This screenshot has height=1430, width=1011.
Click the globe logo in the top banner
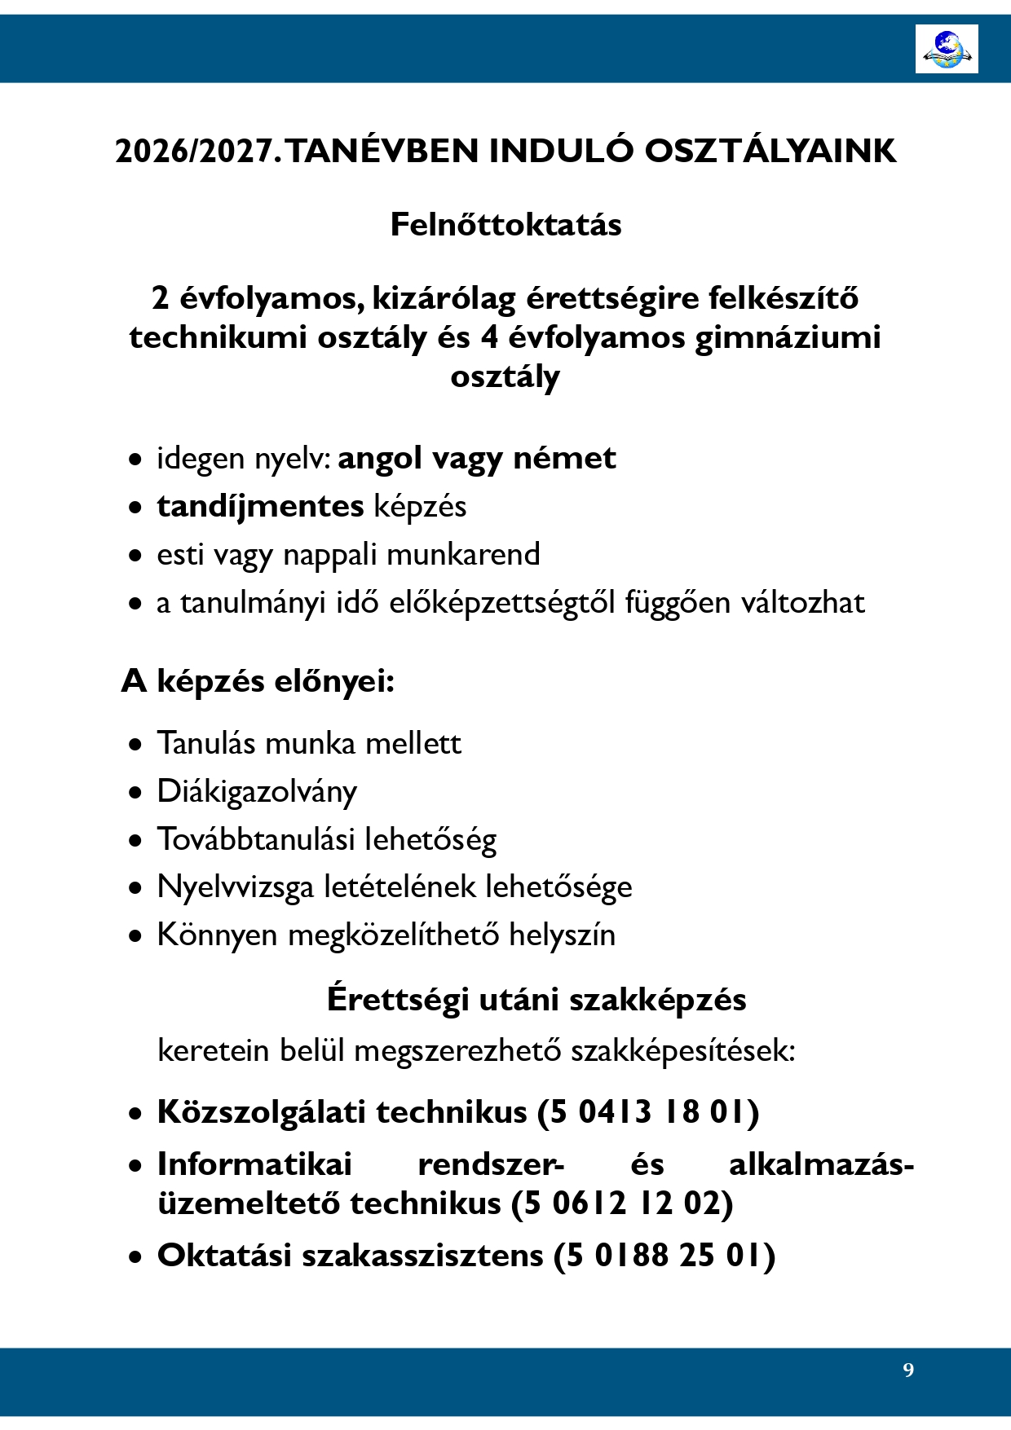point(947,49)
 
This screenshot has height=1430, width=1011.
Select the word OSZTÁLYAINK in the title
point(770,152)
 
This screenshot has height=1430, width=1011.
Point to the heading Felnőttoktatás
point(505,225)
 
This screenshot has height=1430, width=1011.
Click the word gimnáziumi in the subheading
point(788,337)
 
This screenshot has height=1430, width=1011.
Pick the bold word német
point(564,458)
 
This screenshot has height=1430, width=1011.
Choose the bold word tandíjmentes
point(260,506)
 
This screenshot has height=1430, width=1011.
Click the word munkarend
point(463,554)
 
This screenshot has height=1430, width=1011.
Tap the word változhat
point(802,602)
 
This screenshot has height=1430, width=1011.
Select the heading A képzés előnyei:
point(258,680)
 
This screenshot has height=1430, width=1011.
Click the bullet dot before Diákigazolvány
point(135,792)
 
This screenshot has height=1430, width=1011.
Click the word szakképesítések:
point(682,1050)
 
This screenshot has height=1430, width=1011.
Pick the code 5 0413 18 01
point(648,1112)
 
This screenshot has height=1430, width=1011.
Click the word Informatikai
point(254,1164)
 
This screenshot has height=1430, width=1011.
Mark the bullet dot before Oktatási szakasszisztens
point(135,1257)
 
